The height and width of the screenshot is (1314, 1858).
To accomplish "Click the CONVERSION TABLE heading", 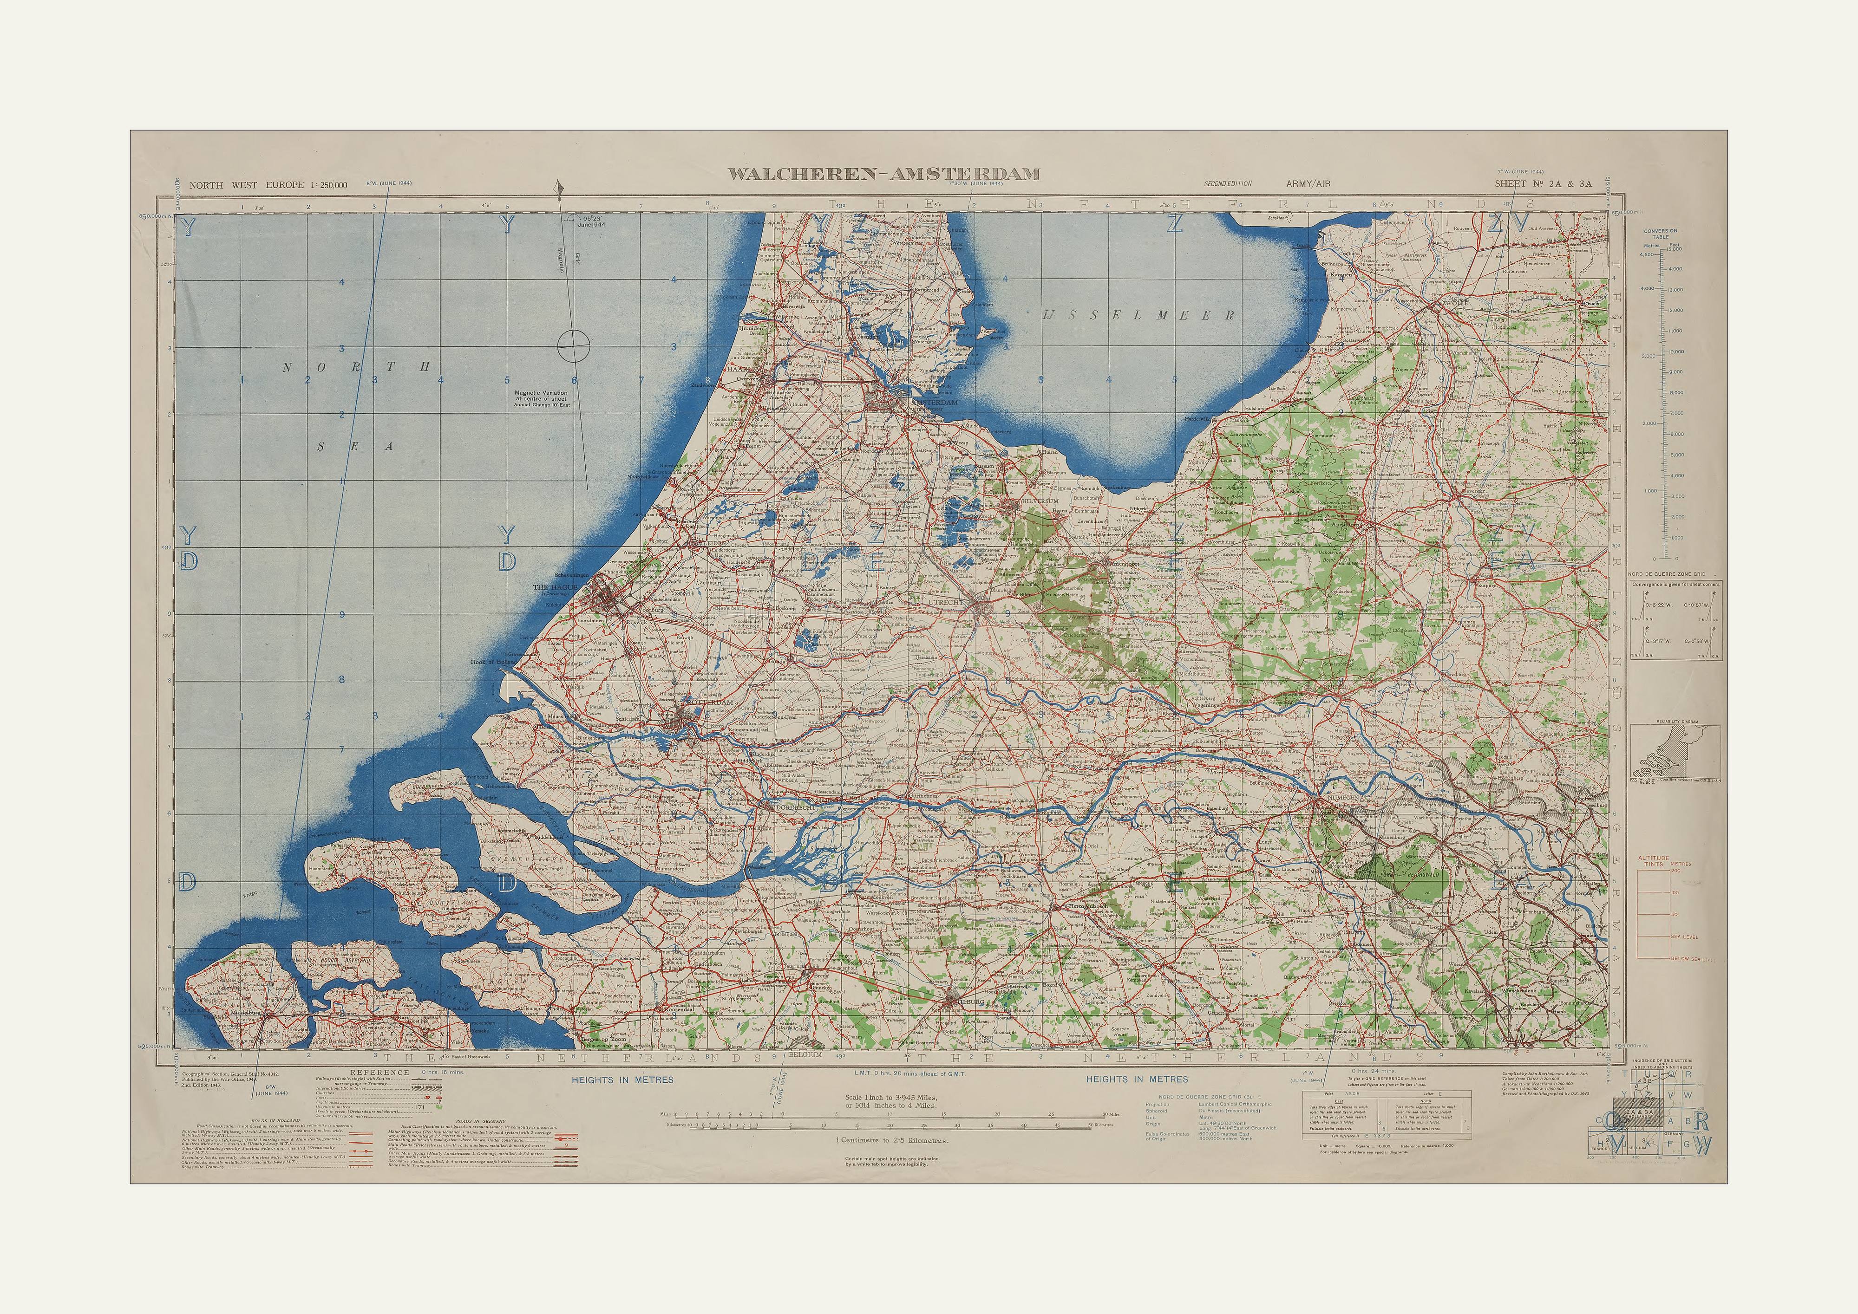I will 1661,234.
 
